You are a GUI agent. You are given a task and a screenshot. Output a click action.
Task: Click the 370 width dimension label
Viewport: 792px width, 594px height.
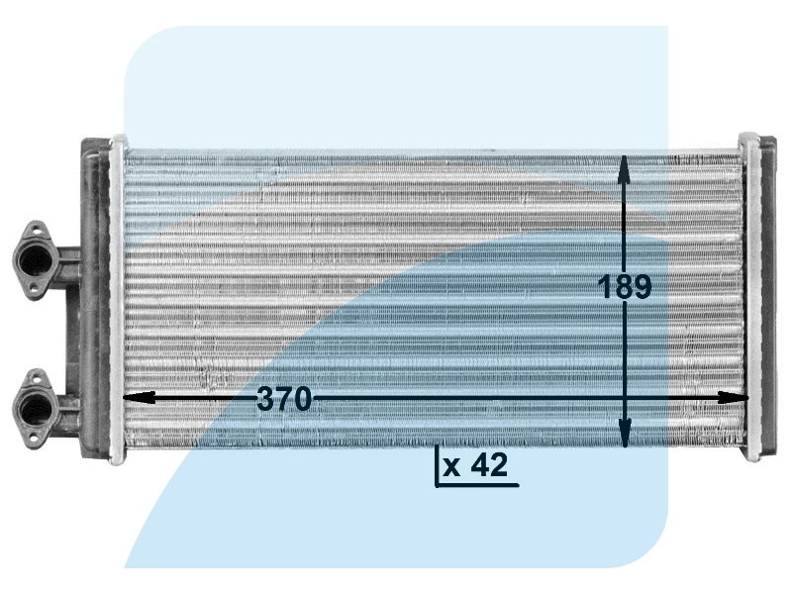(x=284, y=400)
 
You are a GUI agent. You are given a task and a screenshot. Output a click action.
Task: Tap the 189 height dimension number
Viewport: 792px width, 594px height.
(x=626, y=287)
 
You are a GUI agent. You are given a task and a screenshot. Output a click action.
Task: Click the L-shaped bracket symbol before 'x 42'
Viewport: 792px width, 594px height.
(x=438, y=469)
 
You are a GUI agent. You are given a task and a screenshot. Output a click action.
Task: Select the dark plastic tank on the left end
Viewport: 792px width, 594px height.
(x=95, y=297)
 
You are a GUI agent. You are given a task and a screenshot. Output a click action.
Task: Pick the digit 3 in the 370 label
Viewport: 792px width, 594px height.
(x=265, y=400)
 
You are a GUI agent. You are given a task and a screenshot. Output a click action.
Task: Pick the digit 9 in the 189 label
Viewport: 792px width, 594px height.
(x=642, y=287)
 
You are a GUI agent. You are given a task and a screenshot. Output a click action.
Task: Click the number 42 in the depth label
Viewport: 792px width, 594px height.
(x=491, y=466)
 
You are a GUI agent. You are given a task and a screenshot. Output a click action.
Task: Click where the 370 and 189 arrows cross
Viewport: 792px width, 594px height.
(x=625, y=397)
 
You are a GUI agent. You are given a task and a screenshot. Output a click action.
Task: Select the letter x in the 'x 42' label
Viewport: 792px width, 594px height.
(x=451, y=468)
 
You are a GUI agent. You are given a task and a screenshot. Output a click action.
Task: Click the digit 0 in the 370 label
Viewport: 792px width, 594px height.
(x=302, y=400)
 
